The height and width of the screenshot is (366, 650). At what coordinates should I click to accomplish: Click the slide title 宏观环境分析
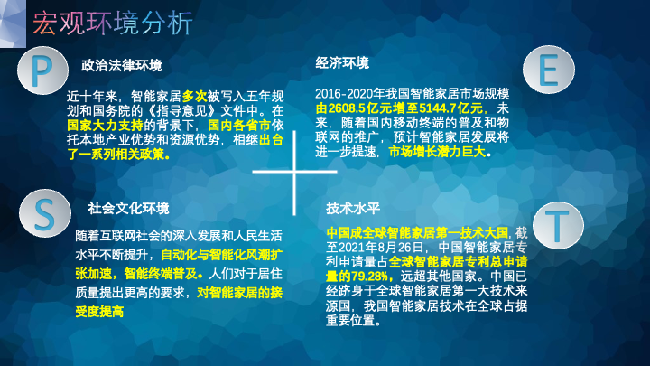113,23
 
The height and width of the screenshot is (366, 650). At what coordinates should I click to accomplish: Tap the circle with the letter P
42,70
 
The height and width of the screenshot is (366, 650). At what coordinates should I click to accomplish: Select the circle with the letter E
549,70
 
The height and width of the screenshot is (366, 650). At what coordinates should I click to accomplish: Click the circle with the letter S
45,213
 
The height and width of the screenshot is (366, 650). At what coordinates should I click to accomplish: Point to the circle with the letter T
558,225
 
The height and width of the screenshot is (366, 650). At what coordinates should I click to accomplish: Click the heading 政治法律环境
122,65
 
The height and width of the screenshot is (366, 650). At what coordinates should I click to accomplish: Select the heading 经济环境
342,63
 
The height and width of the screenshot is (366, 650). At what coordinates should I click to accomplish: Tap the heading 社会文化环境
128,208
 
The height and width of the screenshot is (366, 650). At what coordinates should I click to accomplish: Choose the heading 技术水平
353,208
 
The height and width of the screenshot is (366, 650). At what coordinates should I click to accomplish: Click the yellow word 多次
194,97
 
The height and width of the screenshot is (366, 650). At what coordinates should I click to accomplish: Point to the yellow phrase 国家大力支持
105,125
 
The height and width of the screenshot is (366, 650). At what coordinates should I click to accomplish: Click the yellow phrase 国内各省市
239,125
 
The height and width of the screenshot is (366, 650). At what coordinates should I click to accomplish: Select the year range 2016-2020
344,93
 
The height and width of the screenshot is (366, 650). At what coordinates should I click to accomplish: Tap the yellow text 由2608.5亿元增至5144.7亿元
399,108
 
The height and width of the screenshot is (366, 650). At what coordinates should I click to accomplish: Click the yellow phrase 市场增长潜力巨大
437,152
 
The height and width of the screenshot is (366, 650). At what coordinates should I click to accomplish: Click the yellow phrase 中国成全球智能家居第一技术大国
417,232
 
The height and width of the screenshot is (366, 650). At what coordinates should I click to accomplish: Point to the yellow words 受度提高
99,311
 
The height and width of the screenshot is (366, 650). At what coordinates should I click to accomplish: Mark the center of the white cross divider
294,172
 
